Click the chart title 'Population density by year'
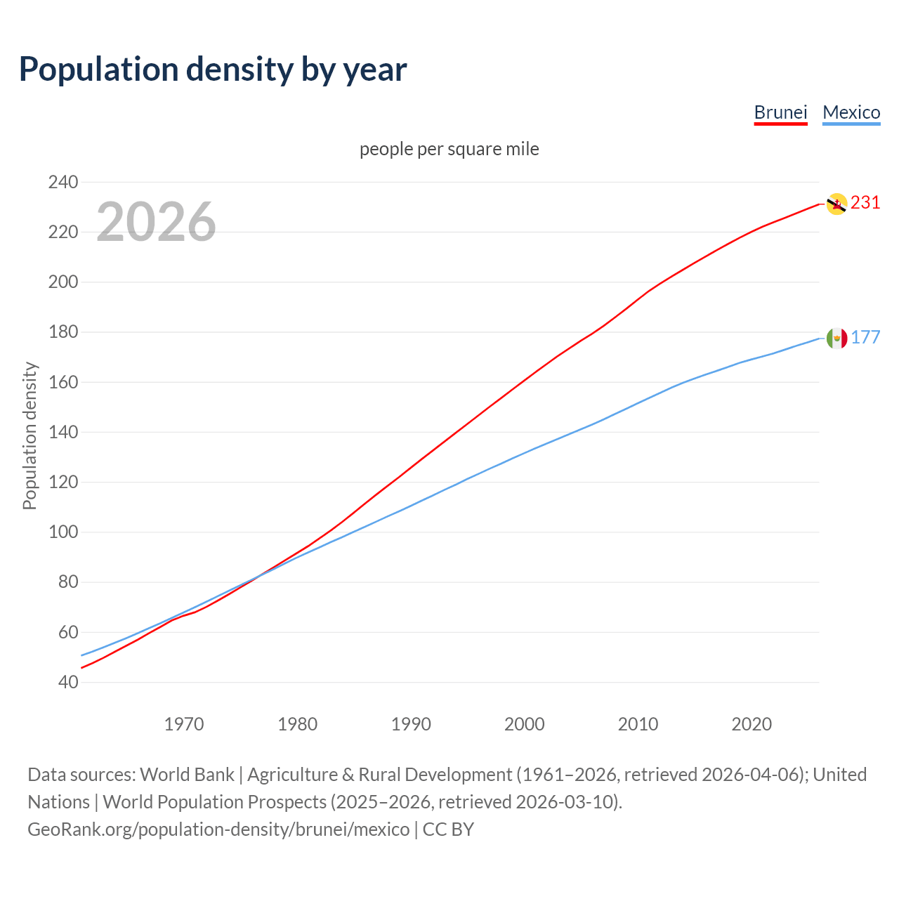[213, 69]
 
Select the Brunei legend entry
[780, 112]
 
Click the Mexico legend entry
[851, 112]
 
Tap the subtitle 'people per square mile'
[449, 150]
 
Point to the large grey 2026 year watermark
[156, 222]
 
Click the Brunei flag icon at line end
[836, 204]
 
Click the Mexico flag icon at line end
[836, 339]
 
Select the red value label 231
[865, 203]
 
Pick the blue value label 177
[865, 338]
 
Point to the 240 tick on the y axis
[63, 182]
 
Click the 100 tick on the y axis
[63, 532]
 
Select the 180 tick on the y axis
[63, 332]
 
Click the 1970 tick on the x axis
[184, 723]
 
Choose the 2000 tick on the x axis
[525, 723]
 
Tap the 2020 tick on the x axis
[752, 723]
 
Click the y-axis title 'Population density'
[29, 435]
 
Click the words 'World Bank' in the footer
[187, 775]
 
